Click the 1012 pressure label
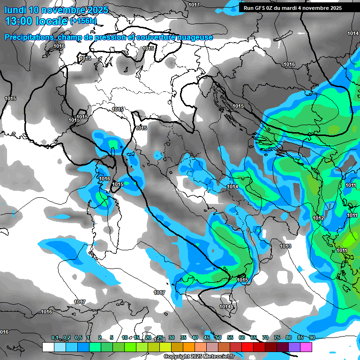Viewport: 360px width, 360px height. click(x=318, y=218)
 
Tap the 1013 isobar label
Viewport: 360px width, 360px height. click(x=285, y=246)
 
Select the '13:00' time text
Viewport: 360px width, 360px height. click(x=21, y=21)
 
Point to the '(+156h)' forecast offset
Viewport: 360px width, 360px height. click(x=83, y=21)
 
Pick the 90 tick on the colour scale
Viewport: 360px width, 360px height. click(x=312, y=337)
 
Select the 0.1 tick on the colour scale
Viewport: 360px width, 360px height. click(x=54, y=337)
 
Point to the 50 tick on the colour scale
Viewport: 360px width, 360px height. click(x=218, y=337)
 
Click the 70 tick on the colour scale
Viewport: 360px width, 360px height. click(x=265, y=337)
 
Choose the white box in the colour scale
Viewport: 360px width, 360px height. click(x=48, y=347)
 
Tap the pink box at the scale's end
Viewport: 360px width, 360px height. click(x=306, y=347)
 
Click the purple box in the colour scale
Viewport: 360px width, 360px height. click(x=294, y=347)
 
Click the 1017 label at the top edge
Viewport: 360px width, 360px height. click(x=194, y=5)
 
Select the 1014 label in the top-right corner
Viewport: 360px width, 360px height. click(x=353, y=33)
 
